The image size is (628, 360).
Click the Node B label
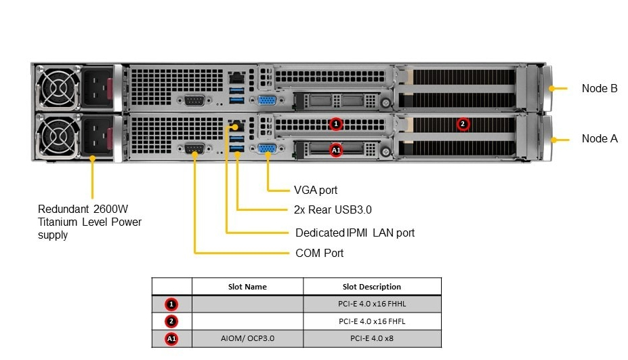coord(600,88)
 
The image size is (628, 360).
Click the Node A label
coord(600,139)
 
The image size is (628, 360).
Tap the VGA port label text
coord(316,191)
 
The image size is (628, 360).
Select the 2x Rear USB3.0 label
coord(333,210)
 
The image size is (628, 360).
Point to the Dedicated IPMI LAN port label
coord(355,233)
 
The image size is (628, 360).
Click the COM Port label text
coord(320,254)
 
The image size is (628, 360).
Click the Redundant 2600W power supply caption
coord(89,222)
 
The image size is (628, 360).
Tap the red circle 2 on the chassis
coord(463,124)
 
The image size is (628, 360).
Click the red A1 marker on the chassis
coord(336,149)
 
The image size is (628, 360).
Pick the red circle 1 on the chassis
coord(336,124)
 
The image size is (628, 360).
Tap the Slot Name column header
coord(247,287)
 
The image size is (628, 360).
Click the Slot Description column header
coord(371,287)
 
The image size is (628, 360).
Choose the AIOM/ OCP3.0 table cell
coord(247,338)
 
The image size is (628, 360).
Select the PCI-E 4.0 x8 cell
coord(371,338)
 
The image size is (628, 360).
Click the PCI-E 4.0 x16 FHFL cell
coord(371,321)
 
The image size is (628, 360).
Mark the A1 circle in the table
coord(171,338)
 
